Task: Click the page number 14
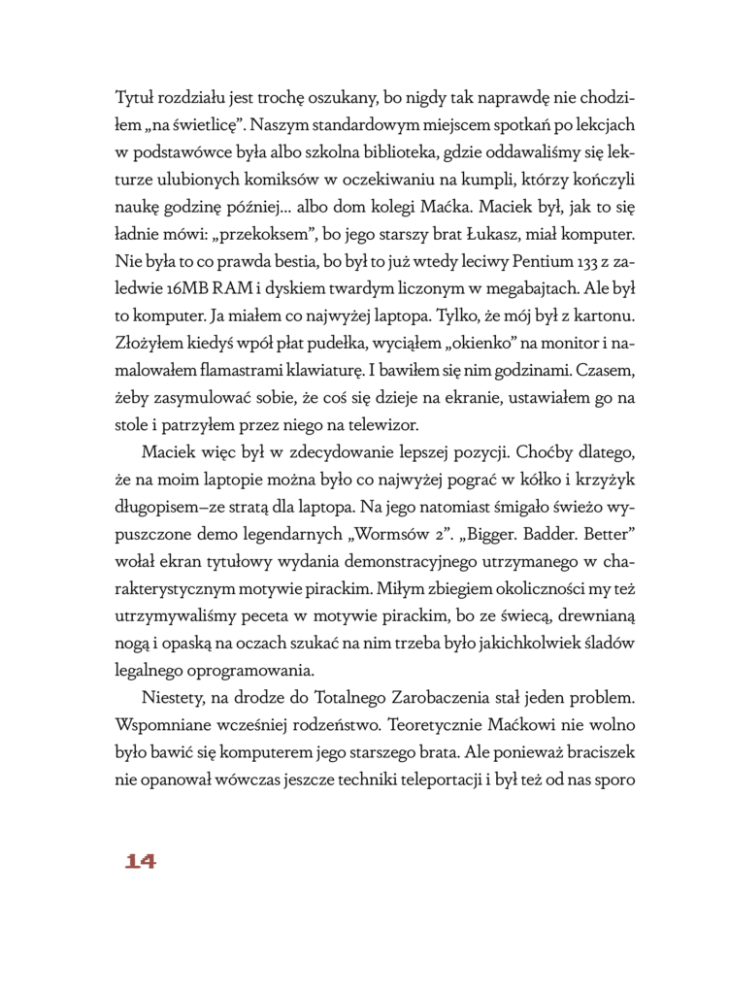[140, 860]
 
